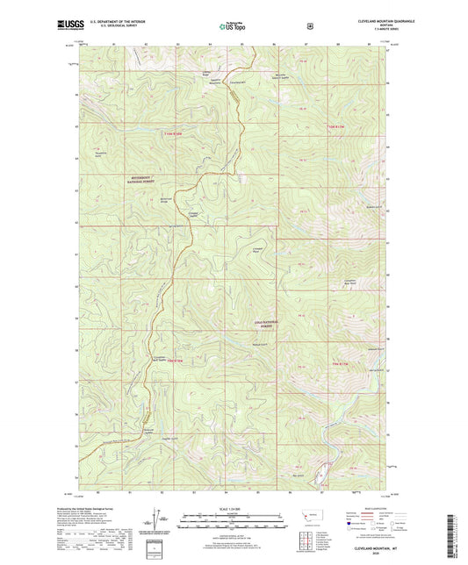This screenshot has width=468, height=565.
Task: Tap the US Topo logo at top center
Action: pos(233,27)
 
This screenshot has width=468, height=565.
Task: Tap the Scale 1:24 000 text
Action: pos(233,508)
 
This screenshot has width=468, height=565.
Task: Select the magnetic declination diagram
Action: pos(157,519)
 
